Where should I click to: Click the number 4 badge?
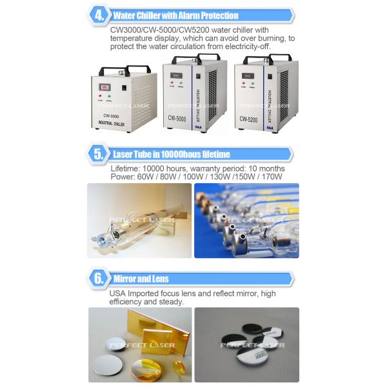pyautogui.click(x=99, y=15)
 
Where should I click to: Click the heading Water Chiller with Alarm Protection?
pyautogui.click(x=175, y=15)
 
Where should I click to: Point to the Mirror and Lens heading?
pyautogui.click(x=141, y=279)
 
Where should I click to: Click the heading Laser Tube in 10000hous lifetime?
pyautogui.click(x=171, y=154)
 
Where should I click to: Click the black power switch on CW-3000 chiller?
pyautogui.click(x=118, y=86)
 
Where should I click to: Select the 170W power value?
pyautogui.click(x=272, y=176)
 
